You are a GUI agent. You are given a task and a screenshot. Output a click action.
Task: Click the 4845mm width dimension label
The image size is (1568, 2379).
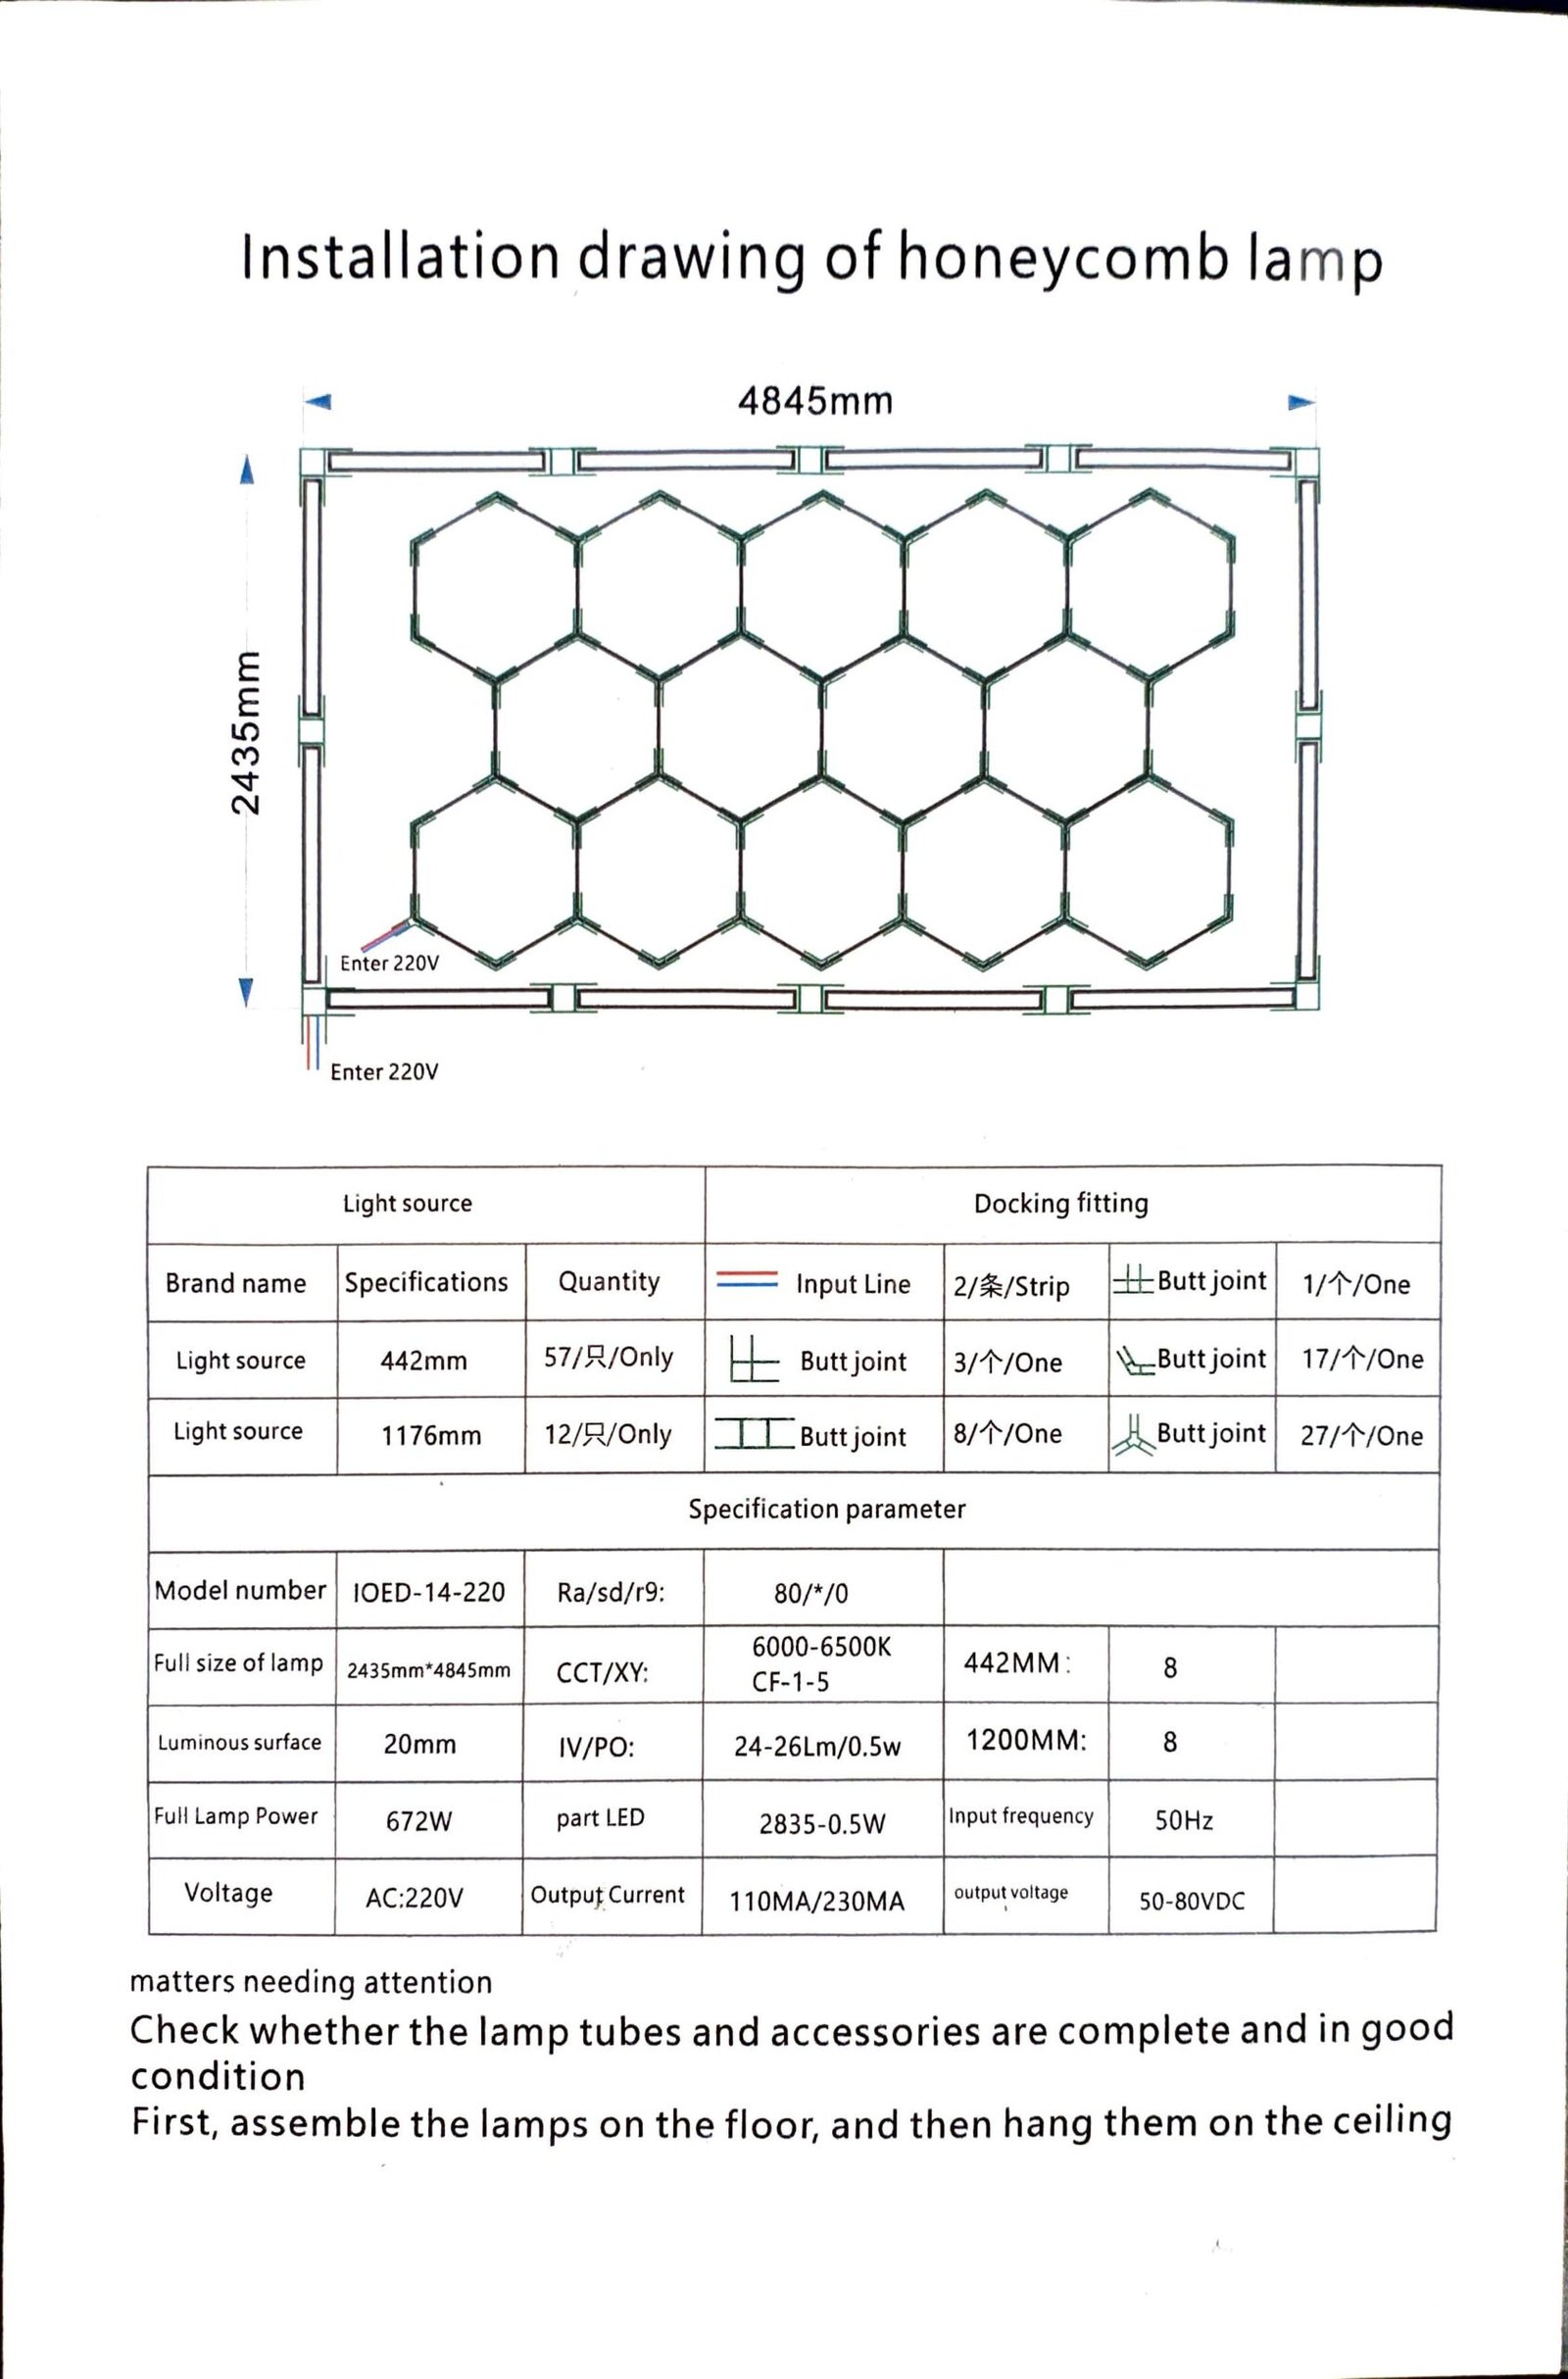[x=815, y=401]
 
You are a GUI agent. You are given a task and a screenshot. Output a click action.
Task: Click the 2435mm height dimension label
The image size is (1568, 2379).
[x=246, y=732]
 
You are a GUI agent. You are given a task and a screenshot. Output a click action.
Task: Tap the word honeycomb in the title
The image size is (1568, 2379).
[x=1063, y=257]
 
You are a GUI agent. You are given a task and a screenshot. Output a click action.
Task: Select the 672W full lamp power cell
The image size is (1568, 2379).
[x=419, y=1821]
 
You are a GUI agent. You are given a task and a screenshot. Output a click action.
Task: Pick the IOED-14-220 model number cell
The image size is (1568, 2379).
[x=429, y=1592]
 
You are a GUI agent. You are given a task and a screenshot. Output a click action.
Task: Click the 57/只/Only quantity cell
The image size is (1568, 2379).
[x=608, y=1357]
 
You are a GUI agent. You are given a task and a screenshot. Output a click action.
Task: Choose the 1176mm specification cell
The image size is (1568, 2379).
[x=431, y=1436]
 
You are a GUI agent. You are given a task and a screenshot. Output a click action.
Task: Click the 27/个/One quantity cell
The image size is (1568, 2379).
[x=1361, y=1436]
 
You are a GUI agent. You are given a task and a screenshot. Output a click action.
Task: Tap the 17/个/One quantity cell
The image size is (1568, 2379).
[x=1362, y=1359]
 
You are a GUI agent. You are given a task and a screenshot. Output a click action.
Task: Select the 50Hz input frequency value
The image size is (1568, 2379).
[x=1184, y=1820]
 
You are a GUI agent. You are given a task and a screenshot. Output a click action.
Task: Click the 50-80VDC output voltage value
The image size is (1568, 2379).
[x=1192, y=1901]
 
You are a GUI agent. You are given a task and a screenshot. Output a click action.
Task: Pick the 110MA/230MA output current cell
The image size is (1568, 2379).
[x=817, y=1901]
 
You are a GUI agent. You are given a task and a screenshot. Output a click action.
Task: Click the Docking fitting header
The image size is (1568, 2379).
[x=1061, y=1203]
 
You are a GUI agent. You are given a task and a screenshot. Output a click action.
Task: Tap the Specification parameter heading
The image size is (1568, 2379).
[x=827, y=1509]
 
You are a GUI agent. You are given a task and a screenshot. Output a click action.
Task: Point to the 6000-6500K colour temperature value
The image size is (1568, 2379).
[x=821, y=1647]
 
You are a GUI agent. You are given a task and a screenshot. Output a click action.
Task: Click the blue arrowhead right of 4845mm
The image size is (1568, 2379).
[x=1300, y=402]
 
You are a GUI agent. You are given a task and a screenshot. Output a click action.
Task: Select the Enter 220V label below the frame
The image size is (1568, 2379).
[x=384, y=1072]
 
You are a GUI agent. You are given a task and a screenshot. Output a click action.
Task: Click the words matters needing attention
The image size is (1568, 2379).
[x=311, y=1982]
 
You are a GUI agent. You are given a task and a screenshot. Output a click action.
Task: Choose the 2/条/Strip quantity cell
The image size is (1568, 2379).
[x=1011, y=1285]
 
